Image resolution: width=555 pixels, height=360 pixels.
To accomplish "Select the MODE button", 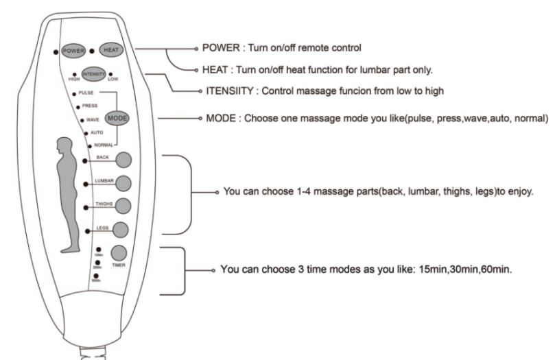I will tap(117, 118).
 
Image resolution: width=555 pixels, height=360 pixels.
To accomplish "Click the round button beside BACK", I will tap(124, 160).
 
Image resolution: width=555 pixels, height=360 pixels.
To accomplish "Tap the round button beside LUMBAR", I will tap(123, 183).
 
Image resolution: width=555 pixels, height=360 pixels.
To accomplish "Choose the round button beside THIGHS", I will tap(123, 205).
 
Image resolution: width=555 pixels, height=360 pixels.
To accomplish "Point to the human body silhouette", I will tap(67, 192).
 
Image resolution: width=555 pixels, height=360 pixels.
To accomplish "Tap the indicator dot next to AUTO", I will tap(85, 132).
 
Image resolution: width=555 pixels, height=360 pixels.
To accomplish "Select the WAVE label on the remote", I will tap(92, 120).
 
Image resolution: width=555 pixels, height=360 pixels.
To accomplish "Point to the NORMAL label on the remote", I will tap(104, 145).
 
